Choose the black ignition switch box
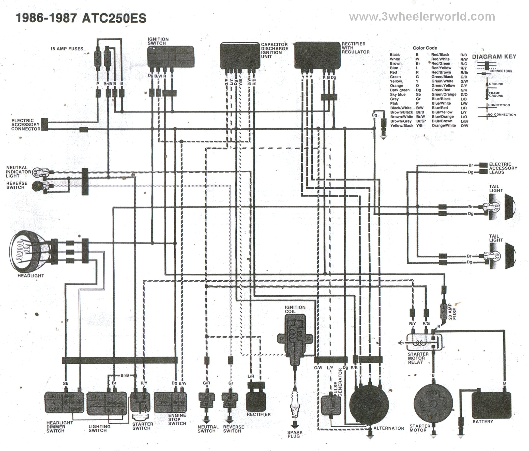point(170,57)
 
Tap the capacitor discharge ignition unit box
point(240,56)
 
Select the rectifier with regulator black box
point(317,55)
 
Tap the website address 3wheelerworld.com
point(422,17)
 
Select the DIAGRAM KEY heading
point(494,57)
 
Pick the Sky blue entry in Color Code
point(398,94)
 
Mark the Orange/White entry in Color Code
point(444,125)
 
